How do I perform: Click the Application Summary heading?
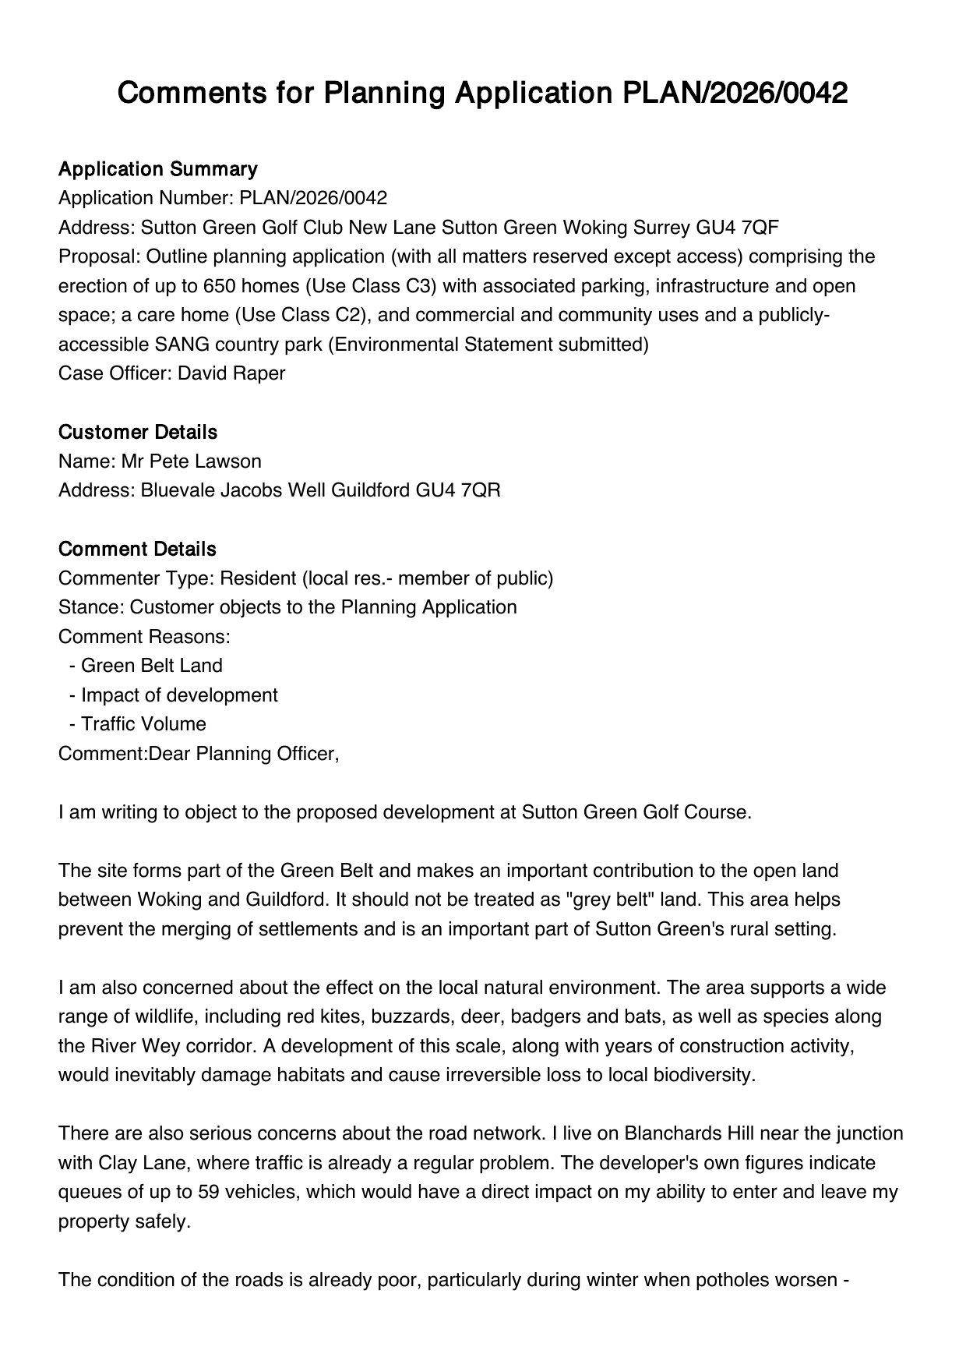tap(157, 168)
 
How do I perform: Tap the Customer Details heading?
tap(138, 432)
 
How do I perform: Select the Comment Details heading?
tap(137, 549)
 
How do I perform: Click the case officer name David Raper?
tap(231, 373)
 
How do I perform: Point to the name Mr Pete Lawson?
tap(191, 461)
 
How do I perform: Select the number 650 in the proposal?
tap(219, 285)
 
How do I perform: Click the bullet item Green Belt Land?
tap(151, 665)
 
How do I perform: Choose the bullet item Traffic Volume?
tap(143, 723)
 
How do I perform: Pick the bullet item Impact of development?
tap(179, 695)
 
